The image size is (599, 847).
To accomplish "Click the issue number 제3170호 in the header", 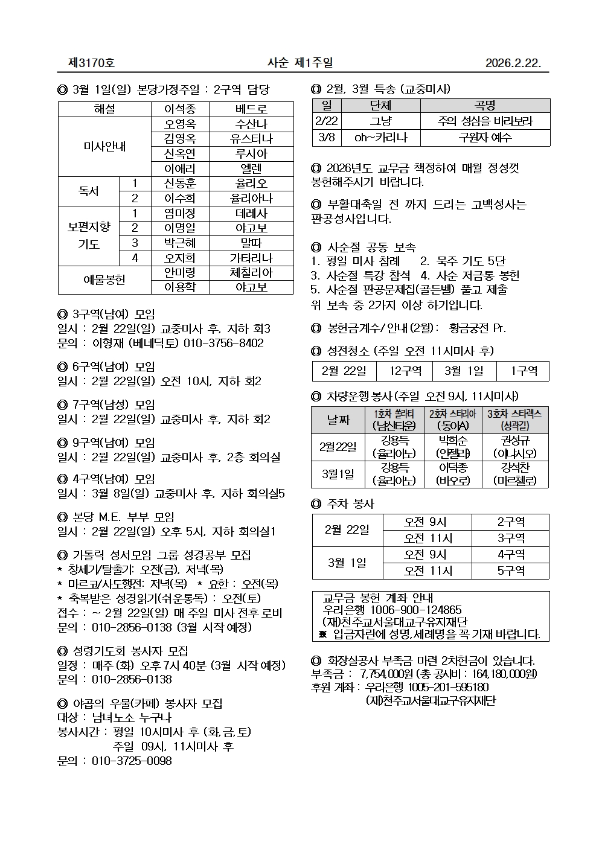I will pyautogui.click(x=91, y=63).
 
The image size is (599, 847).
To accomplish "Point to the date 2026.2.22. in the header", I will pyautogui.click(x=513, y=63).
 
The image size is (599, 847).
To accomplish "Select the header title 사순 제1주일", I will pyautogui.click(x=300, y=63).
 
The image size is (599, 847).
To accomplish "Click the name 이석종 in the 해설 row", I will pyautogui.click(x=180, y=109).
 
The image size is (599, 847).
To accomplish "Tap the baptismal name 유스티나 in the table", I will pyautogui.click(x=251, y=139).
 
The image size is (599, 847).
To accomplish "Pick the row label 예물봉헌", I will pyautogui.click(x=104, y=280).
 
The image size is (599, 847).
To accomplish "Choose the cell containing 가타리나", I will pyautogui.click(x=251, y=258).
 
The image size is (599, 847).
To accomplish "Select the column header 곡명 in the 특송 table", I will pyautogui.click(x=485, y=106).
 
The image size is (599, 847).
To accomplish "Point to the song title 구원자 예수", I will pyautogui.click(x=485, y=138).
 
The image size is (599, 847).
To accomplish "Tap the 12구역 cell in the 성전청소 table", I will pyautogui.click(x=405, y=371).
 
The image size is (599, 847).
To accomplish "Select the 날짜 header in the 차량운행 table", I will pyautogui.click(x=338, y=420).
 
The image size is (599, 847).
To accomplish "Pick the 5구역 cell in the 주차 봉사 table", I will pyautogui.click(x=510, y=571).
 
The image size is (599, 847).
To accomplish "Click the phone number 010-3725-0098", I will pyautogui.click(x=132, y=761).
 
